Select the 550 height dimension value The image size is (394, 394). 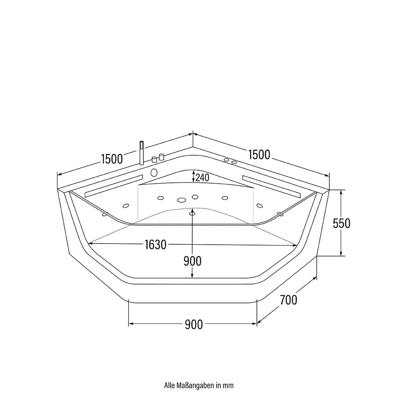click(x=342, y=223)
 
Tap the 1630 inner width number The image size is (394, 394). click(x=155, y=245)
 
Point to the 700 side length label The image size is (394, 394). click(x=288, y=300)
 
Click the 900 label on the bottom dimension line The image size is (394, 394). click(x=193, y=324)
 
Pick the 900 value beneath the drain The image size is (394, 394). click(x=192, y=261)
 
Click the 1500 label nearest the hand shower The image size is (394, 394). click(x=112, y=159)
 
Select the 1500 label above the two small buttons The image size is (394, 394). click(x=259, y=155)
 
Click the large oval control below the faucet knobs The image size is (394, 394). click(x=154, y=173)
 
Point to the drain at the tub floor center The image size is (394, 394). click(x=192, y=213)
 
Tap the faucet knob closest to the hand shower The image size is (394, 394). click(x=154, y=160)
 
